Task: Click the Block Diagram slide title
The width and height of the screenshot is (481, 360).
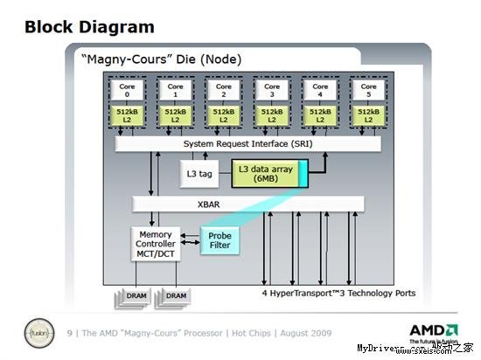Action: [89, 27]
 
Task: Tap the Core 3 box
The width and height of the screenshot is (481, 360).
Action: [272, 90]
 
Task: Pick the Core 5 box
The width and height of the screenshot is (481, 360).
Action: [369, 90]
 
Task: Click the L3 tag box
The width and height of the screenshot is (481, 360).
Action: [199, 174]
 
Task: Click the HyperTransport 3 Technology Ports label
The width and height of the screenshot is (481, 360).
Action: [340, 293]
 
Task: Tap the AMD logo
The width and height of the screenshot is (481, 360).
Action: [433, 331]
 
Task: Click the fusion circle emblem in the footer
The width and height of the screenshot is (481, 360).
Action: [37, 334]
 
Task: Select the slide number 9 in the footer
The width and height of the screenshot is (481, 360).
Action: [70, 334]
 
